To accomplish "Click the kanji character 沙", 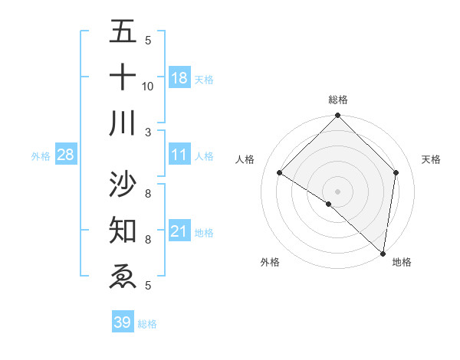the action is point(123,184).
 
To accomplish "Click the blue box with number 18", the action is point(179,77).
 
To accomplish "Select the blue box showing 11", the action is point(179,155).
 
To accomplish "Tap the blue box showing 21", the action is point(179,231).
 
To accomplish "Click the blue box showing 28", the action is point(65,155).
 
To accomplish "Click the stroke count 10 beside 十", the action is point(148,86).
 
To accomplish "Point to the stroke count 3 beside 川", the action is point(149,132).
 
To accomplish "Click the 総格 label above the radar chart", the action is point(338,100).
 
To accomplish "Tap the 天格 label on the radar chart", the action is point(431,159).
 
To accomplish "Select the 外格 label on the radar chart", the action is point(270,262).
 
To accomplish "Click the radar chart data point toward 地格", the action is point(383,253).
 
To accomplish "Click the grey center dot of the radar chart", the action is point(338,191).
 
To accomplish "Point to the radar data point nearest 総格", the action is point(338,116).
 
